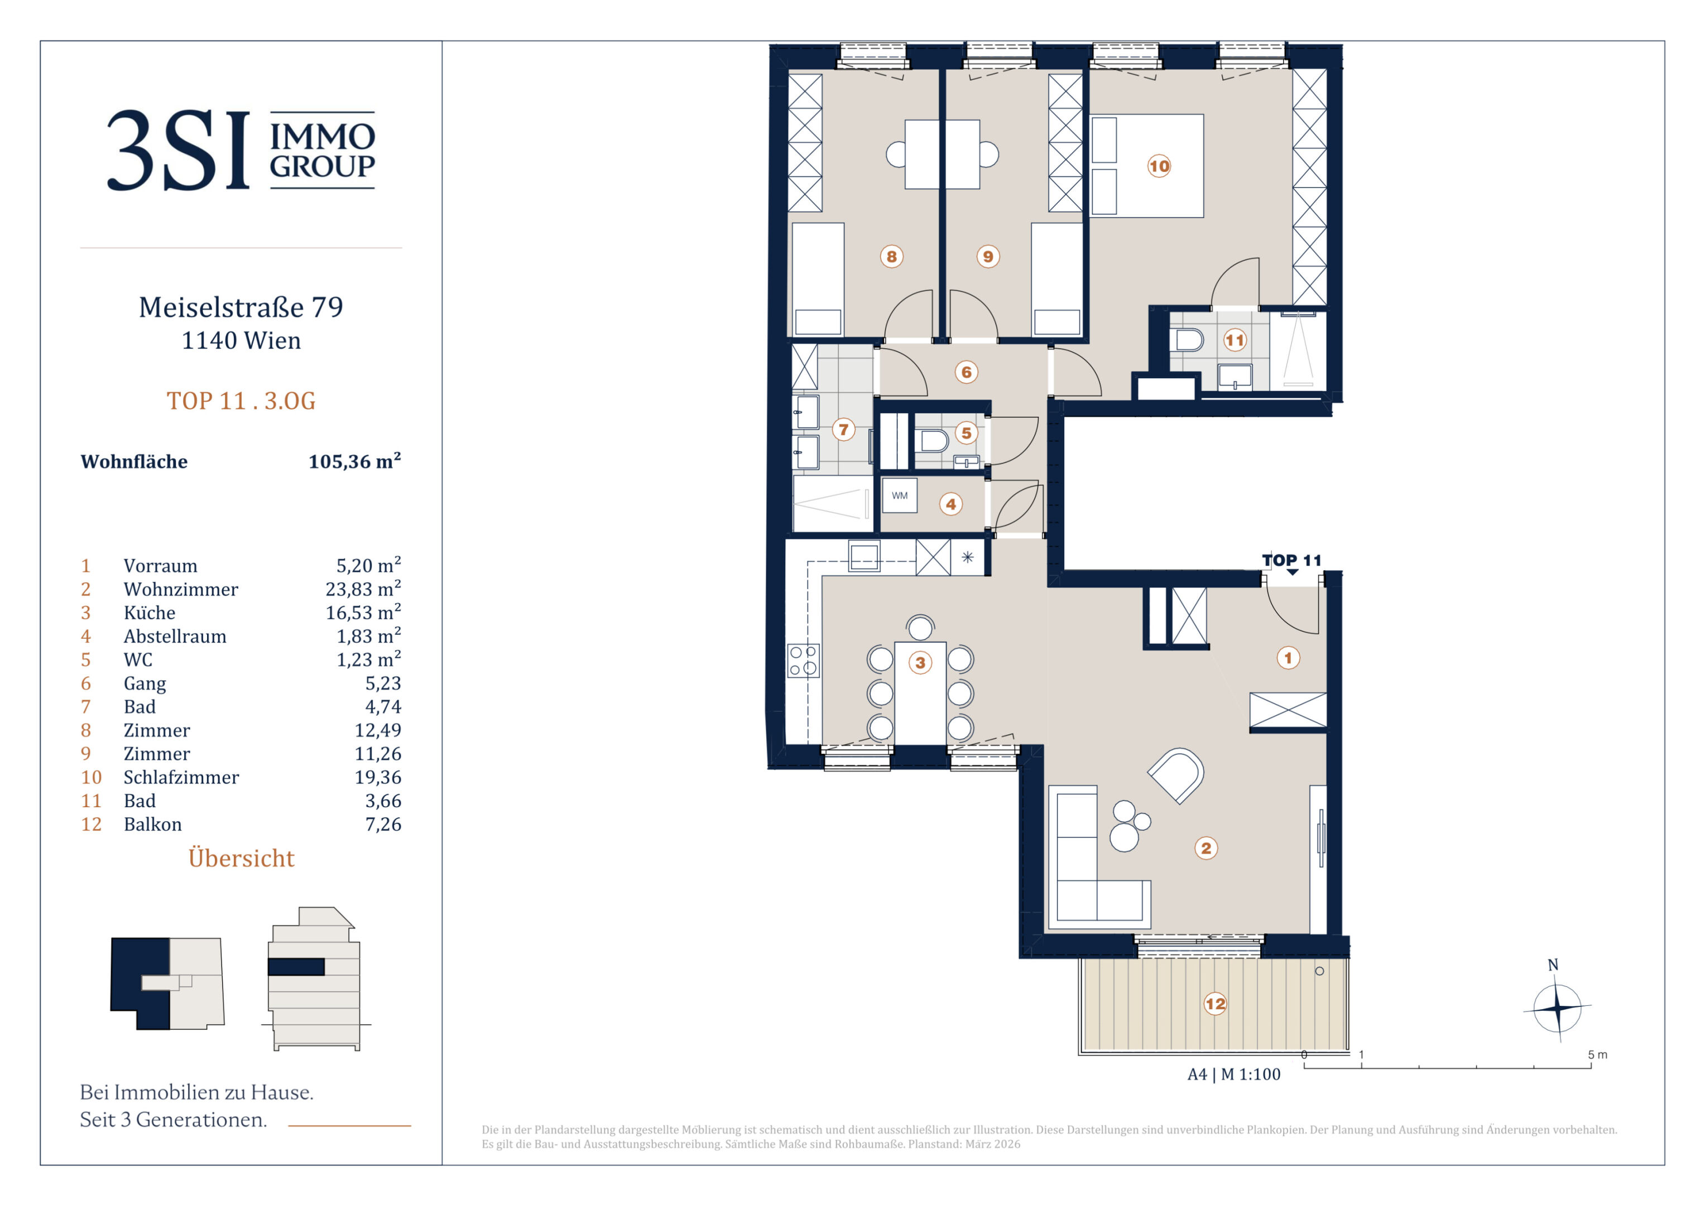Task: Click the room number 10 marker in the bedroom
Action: (x=1159, y=166)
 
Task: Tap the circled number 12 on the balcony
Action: (x=1215, y=1004)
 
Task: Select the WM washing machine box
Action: (x=899, y=495)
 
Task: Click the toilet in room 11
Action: (x=1189, y=340)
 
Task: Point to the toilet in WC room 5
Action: (x=932, y=441)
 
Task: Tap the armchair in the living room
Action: (x=1176, y=775)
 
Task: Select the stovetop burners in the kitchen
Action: (x=804, y=661)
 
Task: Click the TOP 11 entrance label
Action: (x=1291, y=561)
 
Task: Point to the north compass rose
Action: (x=1557, y=1008)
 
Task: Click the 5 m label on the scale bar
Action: (x=1597, y=1055)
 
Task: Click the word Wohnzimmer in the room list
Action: (x=180, y=590)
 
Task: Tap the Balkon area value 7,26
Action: (x=383, y=824)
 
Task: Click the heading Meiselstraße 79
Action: (x=241, y=307)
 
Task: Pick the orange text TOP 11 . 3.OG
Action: (x=241, y=401)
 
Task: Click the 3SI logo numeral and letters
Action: (x=178, y=151)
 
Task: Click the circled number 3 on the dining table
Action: (x=920, y=662)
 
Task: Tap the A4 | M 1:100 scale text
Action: (x=1234, y=1074)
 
